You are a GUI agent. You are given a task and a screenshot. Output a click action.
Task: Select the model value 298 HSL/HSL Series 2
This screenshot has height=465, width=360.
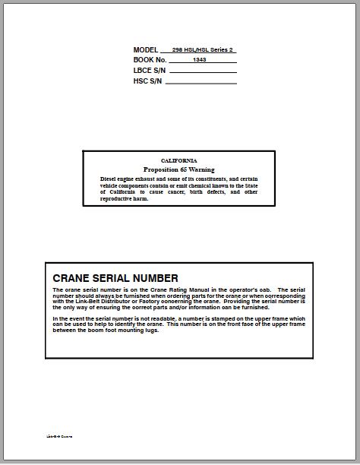[x=203, y=50]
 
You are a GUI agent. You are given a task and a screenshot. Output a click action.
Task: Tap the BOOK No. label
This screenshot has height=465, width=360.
[x=150, y=60]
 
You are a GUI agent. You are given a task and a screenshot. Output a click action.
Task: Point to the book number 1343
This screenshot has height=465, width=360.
[x=200, y=60]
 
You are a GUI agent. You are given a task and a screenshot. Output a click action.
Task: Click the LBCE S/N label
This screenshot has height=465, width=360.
[x=150, y=70]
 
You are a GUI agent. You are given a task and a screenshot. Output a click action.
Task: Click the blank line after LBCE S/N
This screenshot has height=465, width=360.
[x=203, y=72]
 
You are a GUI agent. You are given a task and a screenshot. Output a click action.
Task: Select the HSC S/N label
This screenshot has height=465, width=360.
[x=148, y=80]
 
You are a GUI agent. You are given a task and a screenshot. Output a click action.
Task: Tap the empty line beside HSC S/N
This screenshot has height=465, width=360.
[x=203, y=82]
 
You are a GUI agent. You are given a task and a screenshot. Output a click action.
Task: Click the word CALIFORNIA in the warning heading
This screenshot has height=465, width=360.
[x=178, y=161]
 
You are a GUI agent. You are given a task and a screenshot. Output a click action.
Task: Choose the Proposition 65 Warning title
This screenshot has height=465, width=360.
[x=178, y=169]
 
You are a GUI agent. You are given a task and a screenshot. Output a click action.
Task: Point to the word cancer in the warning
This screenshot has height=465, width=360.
[x=182, y=192]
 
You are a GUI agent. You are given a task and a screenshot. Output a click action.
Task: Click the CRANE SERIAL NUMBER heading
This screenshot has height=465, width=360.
[x=115, y=278]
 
